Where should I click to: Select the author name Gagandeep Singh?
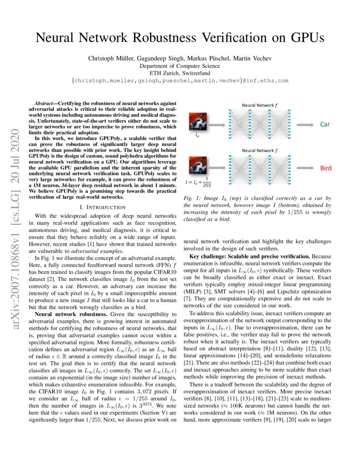(x=159, y=58)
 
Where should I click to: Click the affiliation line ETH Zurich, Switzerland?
(x=180, y=73)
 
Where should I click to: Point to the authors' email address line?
(x=180, y=80)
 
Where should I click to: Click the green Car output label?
(x=325, y=125)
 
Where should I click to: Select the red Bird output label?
(x=326, y=168)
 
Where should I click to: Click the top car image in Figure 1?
(x=197, y=121)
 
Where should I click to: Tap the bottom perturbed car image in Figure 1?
(x=197, y=166)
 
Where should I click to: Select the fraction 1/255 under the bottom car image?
(x=207, y=182)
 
